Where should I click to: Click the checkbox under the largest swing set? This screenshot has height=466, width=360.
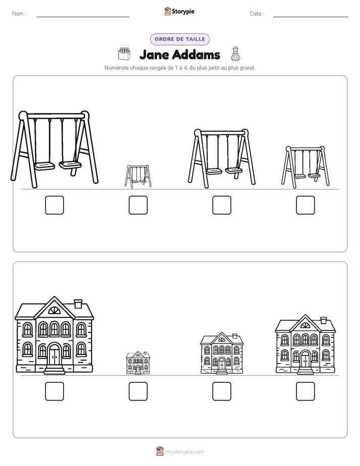54,205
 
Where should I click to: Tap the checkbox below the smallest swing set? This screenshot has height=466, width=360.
138,205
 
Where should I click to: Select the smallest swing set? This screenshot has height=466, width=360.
138,176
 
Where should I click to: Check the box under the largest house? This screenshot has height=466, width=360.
54,391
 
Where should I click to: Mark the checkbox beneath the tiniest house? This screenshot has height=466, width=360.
138,391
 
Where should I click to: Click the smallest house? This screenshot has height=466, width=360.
138,363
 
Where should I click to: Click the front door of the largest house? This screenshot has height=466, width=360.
54,357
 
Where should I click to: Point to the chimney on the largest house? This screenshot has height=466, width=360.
78,304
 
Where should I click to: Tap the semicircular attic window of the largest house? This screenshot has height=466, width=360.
54,311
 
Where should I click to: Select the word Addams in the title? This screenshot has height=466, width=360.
196,54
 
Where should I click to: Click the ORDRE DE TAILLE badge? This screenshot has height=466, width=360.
180,39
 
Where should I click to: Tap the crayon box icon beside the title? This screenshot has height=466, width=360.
124,53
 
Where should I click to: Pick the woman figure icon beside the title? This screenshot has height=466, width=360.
235,54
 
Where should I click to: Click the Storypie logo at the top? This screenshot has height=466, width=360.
179,11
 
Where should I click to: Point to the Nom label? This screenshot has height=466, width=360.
19,14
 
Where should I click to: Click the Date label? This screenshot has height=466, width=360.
257,14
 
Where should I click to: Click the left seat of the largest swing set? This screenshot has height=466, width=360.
44,165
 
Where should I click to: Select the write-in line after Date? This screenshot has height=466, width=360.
311,17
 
